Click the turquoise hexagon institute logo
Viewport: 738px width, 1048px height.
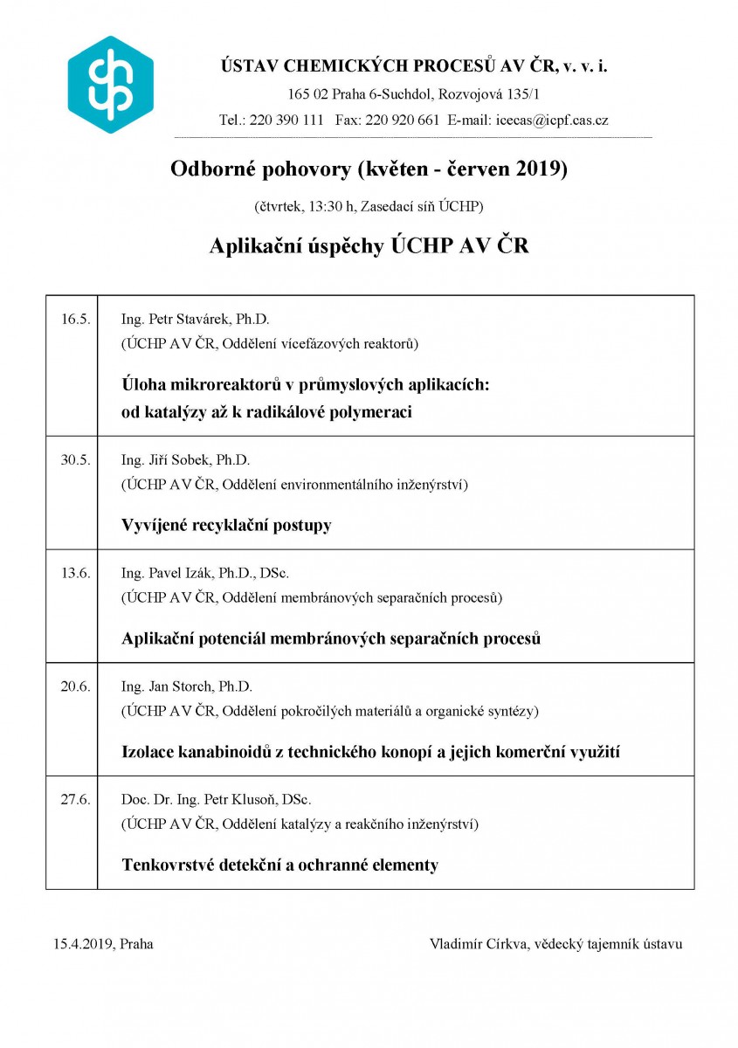[111, 85]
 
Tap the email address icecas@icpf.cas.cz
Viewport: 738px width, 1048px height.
[552, 121]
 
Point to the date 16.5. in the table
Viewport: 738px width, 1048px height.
[75, 319]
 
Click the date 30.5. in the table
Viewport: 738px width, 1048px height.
[75, 460]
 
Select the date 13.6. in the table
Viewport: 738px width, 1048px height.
[75, 574]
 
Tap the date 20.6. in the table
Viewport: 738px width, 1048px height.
[75, 686]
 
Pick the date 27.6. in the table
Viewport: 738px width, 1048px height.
[75, 800]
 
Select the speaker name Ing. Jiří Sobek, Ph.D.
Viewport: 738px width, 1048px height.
[185, 460]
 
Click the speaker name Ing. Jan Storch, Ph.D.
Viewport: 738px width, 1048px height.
[187, 686]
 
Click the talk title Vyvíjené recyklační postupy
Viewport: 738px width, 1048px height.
[226, 526]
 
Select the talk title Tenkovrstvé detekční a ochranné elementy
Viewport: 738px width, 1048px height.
[279, 865]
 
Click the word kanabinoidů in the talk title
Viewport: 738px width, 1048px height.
[222, 752]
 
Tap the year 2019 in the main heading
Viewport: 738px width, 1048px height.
[541, 169]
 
